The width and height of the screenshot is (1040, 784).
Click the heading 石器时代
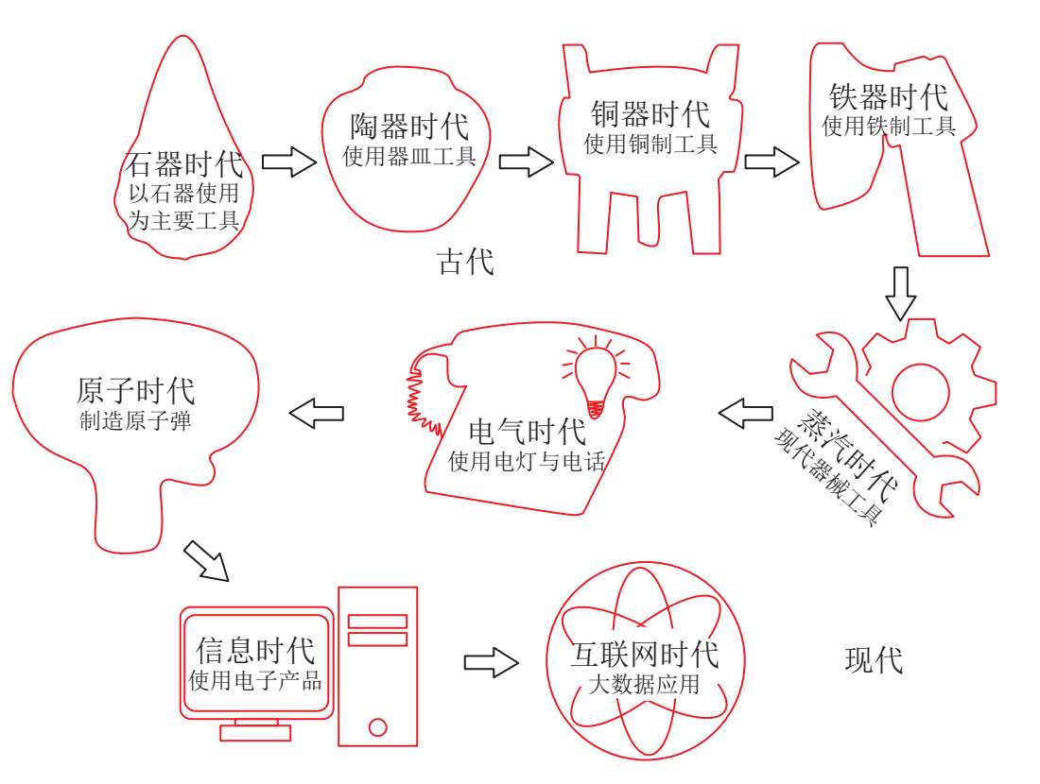[183, 165]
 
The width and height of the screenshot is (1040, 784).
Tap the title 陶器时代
[408, 127]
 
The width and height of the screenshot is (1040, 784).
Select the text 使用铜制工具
[650, 145]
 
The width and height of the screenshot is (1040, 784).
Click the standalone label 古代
[465, 262]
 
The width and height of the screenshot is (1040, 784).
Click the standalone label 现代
[873, 660]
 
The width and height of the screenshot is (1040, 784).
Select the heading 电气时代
[527, 433]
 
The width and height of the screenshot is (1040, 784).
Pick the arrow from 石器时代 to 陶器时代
[288, 162]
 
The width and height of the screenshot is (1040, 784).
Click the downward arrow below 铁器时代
[901, 293]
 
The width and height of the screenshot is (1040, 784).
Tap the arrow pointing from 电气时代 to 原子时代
[316, 412]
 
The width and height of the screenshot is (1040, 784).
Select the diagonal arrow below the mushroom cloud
[206, 561]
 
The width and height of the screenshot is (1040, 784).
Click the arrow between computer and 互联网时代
[492, 661]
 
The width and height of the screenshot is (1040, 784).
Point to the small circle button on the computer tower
[378, 726]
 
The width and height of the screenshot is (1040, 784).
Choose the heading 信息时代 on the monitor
[255, 650]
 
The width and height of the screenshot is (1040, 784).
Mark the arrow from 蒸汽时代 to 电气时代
[745, 412]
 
